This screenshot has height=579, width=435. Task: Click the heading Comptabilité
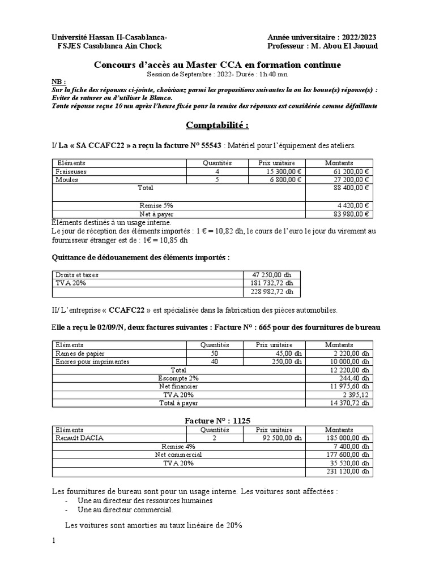(x=217, y=125)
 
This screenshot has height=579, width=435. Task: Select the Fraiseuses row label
(x=71, y=171)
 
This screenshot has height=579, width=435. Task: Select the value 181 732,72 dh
(x=272, y=283)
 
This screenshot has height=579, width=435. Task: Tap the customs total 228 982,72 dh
(x=272, y=292)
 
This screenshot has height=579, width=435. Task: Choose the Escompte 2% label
(x=178, y=378)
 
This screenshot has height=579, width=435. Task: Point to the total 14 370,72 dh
(x=349, y=403)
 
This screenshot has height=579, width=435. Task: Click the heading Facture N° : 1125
(x=217, y=421)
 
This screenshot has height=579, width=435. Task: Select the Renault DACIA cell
(x=79, y=438)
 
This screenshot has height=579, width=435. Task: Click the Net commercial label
(x=178, y=455)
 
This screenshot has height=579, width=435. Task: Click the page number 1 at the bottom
(x=54, y=541)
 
